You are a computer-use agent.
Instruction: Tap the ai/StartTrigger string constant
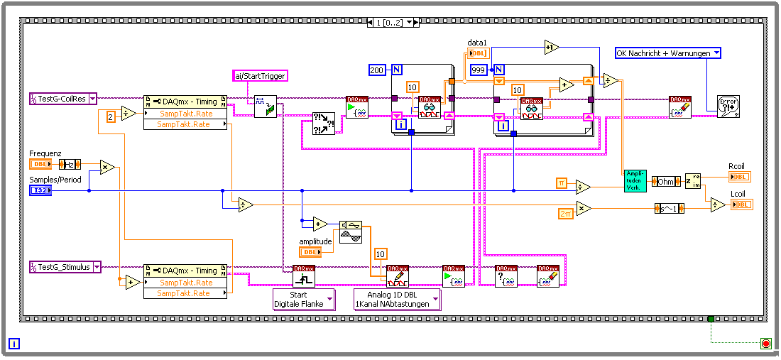click(x=260, y=76)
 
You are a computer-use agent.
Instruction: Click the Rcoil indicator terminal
click(x=739, y=176)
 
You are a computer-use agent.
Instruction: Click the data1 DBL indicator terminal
click(x=478, y=53)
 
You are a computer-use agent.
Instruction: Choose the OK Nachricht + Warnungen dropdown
click(x=668, y=53)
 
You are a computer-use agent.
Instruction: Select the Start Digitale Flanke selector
click(x=303, y=299)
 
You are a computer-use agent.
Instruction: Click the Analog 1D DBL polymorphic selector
click(x=398, y=299)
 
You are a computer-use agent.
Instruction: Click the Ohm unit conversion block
click(x=665, y=181)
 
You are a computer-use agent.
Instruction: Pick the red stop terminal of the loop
click(x=765, y=344)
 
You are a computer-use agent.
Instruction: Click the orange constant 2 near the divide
click(x=111, y=116)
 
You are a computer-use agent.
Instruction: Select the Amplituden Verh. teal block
click(x=635, y=181)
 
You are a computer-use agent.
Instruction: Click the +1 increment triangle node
click(x=552, y=48)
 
